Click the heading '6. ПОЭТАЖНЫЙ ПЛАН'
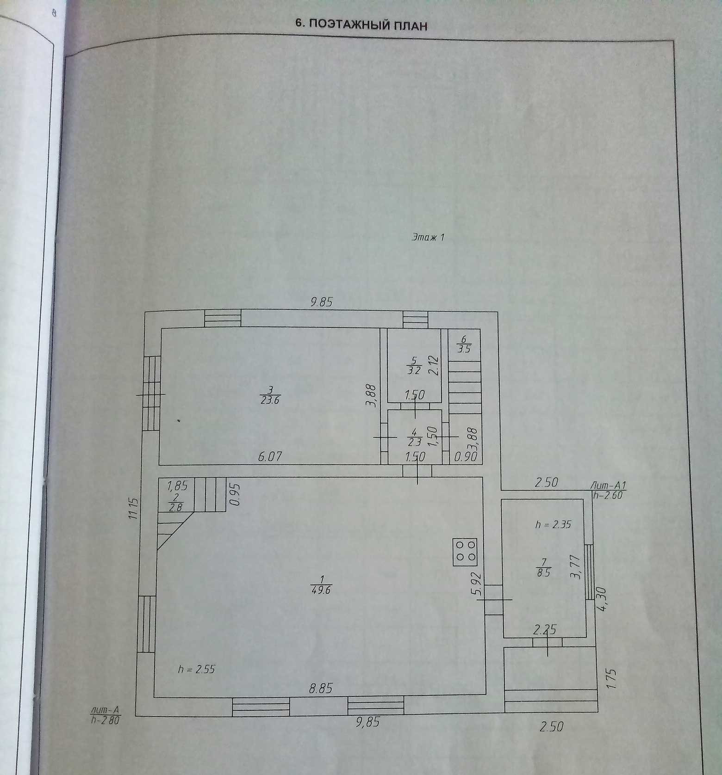click(361, 25)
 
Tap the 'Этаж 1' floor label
click(428, 238)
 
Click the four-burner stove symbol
click(466, 552)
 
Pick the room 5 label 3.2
click(414, 365)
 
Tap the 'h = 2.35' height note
click(554, 524)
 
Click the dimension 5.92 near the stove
click(477, 584)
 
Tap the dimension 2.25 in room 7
click(545, 629)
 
